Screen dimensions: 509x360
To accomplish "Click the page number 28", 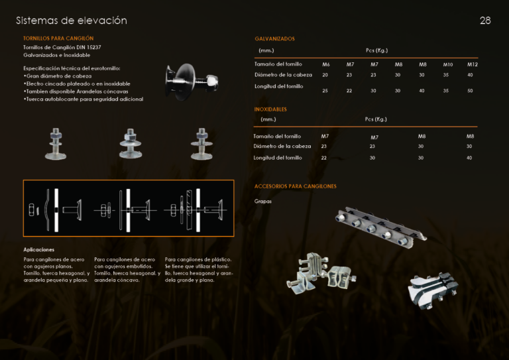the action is coord(485,21).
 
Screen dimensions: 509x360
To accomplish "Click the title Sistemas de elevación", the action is coord(72,21).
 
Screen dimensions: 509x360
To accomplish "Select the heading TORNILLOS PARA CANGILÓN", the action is coord(58,38).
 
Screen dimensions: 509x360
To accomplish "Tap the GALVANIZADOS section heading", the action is coord(274,38).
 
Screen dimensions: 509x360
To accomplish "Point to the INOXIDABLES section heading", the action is coord(270,109).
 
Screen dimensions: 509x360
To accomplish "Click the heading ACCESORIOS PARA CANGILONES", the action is coord(296,186).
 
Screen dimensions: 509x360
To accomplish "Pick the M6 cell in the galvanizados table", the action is coord(326,64).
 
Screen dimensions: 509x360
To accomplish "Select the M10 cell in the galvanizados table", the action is coord(448,64).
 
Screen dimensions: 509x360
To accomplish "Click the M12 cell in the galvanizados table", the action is coord(473,64).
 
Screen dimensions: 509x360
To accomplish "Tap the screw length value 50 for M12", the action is coord(470,91).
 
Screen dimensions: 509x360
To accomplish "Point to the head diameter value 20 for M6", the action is coord(325,75).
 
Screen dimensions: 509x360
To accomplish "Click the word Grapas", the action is coord(263,202).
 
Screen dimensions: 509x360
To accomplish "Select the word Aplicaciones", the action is coord(38,250).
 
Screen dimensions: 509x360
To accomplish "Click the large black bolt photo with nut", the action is coord(192,82).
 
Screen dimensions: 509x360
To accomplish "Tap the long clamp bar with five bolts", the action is coord(381,227).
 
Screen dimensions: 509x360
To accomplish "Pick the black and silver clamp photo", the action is coord(433,290).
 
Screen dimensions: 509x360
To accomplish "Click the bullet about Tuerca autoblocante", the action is coord(84,99).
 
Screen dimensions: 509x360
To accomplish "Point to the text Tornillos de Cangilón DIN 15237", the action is coord(62,47).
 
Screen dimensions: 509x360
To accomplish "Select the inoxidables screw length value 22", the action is coord(323,158).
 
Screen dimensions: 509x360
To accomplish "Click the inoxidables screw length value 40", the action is coord(469,158).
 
